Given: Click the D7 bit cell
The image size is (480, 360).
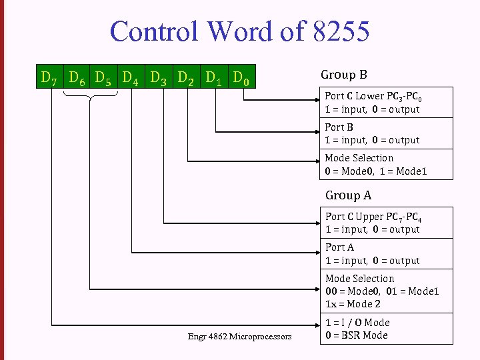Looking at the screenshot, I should pos(49,79).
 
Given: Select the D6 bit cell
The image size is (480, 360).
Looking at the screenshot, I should pos(76,79).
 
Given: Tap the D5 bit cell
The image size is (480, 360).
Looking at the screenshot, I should pos(103,79).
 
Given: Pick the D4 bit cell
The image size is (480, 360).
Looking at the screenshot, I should pos(131,79).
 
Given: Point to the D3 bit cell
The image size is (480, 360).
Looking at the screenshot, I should pos(159,79).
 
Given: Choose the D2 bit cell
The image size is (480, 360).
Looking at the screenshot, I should pos(186,79).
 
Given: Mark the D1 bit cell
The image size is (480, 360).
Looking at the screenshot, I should pos(213,79).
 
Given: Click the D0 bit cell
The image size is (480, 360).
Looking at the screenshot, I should pos(241,79).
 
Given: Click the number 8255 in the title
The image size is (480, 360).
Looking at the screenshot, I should pos(339,31).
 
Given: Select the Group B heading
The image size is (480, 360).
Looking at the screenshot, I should pos(344,75).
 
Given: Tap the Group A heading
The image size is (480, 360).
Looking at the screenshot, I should pos(348,195).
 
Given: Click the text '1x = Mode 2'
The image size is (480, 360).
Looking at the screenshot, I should pos(353,304).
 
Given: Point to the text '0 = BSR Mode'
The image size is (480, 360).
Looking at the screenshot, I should pos(356,335).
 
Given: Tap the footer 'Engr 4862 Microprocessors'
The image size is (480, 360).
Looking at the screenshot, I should pos(239,337).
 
